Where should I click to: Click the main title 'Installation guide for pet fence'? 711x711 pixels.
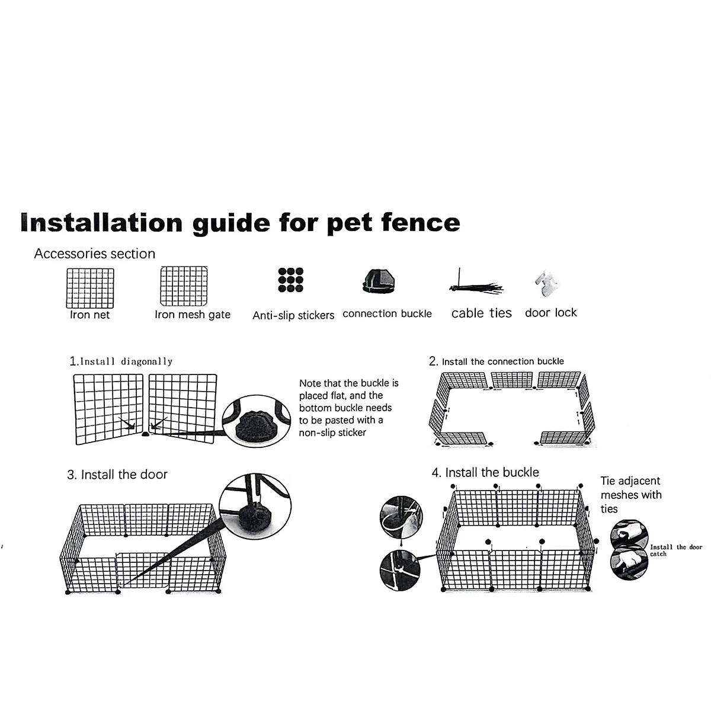click(240, 222)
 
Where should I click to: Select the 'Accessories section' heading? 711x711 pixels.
click(95, 254)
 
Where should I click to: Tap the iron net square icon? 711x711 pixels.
click(89, 287)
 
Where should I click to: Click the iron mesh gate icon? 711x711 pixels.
click(184, 286)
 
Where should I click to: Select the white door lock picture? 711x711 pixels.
click(547, 284)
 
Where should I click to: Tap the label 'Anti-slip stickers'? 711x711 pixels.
click(293, 316)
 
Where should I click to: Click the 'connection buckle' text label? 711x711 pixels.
click(387, 314)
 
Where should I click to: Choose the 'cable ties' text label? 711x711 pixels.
click(481, 313)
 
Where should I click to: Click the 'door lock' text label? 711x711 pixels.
click(550, 313)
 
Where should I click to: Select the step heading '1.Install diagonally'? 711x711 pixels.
click(121, 361)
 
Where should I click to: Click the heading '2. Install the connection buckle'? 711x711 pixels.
click(497, 361)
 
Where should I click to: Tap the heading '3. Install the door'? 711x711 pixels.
click(117, 475)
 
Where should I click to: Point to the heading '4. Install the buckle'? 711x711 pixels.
click(486, 472)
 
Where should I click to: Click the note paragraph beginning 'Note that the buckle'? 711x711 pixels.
click(349, 408)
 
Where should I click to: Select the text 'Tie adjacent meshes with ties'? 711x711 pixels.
click(631, 495)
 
